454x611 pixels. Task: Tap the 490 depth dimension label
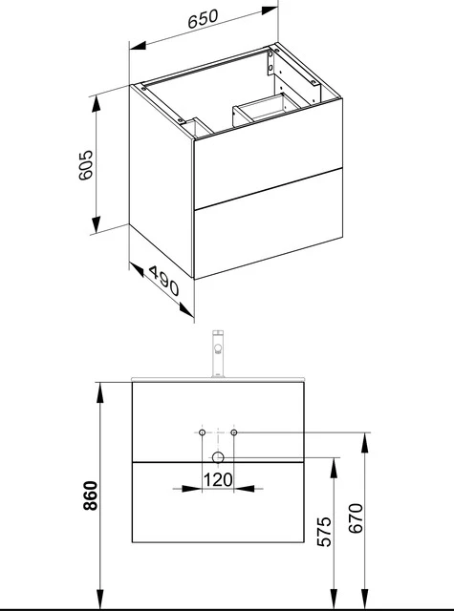162,285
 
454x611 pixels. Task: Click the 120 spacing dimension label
220,481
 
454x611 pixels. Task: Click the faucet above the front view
219,355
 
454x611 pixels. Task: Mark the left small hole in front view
203,433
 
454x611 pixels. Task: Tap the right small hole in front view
235,433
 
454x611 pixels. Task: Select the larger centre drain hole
219,457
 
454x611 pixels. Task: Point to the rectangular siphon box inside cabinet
260,110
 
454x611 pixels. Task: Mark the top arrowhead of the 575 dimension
332,462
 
